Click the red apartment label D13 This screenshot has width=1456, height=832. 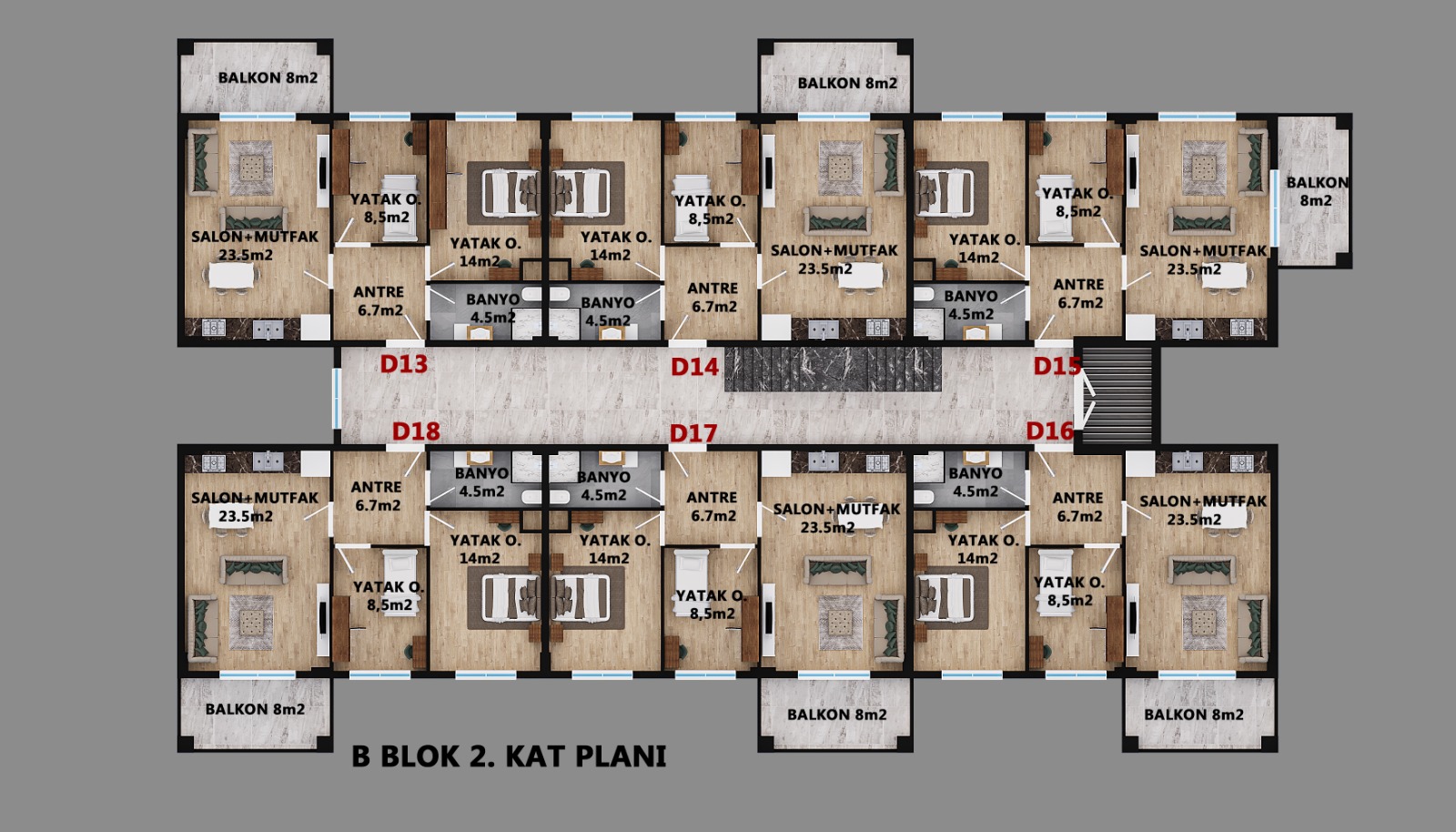point(404,364)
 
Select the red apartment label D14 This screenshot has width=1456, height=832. point(695,367)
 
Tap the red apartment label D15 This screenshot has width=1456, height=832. point(1057,366)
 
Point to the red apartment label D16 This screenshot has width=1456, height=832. point(1050,431)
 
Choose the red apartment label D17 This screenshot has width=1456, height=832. point(693,433)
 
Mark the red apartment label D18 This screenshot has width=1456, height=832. point(416,431)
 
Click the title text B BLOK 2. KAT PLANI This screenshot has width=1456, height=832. point(509,756)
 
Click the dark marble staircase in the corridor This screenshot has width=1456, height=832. point(833,370)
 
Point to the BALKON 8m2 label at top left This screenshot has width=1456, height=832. point(268,78)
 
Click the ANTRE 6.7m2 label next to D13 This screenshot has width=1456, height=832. point(379,301)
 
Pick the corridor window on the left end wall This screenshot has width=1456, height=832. point(337,399)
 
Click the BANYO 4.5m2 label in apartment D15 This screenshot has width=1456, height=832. point(970,305)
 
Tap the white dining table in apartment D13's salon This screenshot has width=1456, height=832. point(231,276)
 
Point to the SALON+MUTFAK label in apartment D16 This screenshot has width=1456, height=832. point(1203,502)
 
